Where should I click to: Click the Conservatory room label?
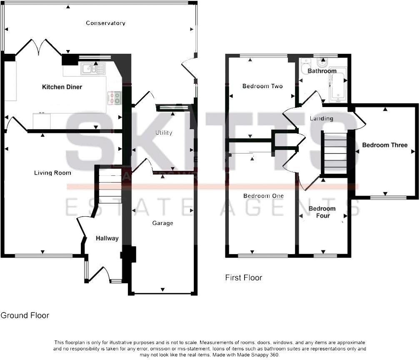click(105, 23)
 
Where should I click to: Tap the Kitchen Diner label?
click(62, 87)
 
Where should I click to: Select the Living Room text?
click(52, 173)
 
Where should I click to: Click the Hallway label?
click(107, 239)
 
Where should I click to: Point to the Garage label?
click(162, 223)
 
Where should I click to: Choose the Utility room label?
click(164, 133)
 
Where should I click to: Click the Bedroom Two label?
click(262, 86)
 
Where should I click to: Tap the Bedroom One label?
click(263, 196)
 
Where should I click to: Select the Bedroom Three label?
click(385, 145)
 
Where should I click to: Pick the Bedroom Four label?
click(322, 212)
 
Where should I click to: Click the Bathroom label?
click(322, 71)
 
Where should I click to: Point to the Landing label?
click(321, 119)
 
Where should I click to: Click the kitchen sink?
click(92, 68)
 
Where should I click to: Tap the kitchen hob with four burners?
click(115, 97)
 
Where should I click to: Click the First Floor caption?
click(243, 277)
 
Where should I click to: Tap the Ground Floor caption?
click(25, 315)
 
